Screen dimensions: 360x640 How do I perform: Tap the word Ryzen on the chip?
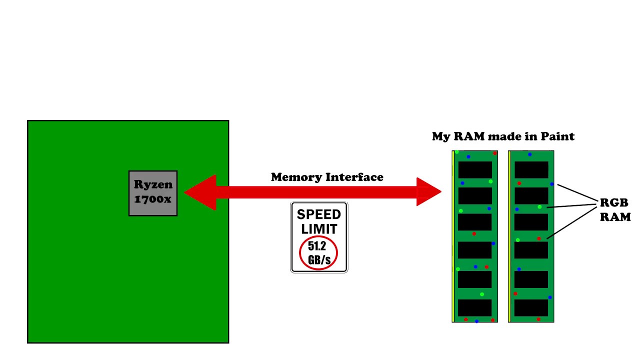click(153, 184)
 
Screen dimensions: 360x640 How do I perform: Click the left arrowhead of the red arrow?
click(200, 192)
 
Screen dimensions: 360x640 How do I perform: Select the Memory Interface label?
click(327, 177)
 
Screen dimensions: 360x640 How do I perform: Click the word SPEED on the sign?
click(319, 214)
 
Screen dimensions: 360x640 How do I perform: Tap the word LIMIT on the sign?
click(319, 229)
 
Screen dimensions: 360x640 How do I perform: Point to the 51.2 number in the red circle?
click(317, 246)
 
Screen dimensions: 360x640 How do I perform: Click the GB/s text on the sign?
click(319, 259)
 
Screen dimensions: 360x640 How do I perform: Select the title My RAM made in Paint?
click(503, 136)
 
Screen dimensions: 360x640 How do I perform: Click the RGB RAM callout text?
click(615, 209)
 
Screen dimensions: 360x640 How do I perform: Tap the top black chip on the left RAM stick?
click(475, 169)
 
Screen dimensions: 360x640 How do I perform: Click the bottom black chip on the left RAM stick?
click(475, 307)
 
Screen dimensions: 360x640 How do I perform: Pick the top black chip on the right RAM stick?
click(531, 169)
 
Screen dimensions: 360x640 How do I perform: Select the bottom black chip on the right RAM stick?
click(531, 307)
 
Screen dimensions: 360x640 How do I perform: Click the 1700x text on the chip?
click(153, 199)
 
